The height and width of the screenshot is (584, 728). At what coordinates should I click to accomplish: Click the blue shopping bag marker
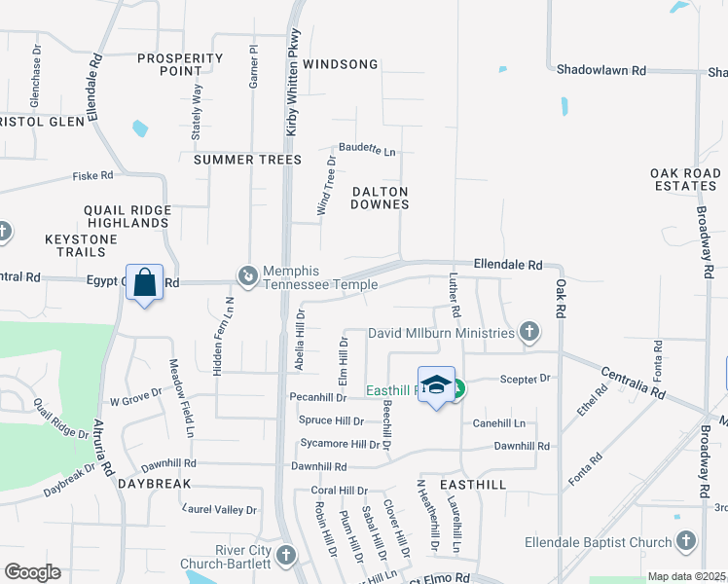144,282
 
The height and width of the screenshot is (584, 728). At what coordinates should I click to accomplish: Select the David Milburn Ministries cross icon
528,333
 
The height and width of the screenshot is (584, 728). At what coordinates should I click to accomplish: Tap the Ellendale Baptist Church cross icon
685,541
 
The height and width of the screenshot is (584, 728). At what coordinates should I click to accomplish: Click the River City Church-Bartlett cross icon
285,555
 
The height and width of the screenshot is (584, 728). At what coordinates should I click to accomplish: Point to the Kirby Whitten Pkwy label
293,83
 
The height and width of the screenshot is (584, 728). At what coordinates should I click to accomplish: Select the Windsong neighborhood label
340,64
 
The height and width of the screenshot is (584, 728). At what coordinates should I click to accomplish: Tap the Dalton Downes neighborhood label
380,198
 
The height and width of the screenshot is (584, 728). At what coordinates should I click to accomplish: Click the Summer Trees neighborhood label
247,160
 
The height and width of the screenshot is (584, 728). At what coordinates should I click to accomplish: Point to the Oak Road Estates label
684,179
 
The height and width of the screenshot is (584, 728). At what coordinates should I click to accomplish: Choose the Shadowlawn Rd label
601,70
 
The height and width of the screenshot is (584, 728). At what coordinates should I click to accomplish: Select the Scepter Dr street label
525,378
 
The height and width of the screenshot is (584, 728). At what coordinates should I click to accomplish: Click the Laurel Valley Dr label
220,509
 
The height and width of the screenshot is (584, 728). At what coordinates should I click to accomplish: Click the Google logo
32,572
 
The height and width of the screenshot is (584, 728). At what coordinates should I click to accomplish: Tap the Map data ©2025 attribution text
686,576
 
